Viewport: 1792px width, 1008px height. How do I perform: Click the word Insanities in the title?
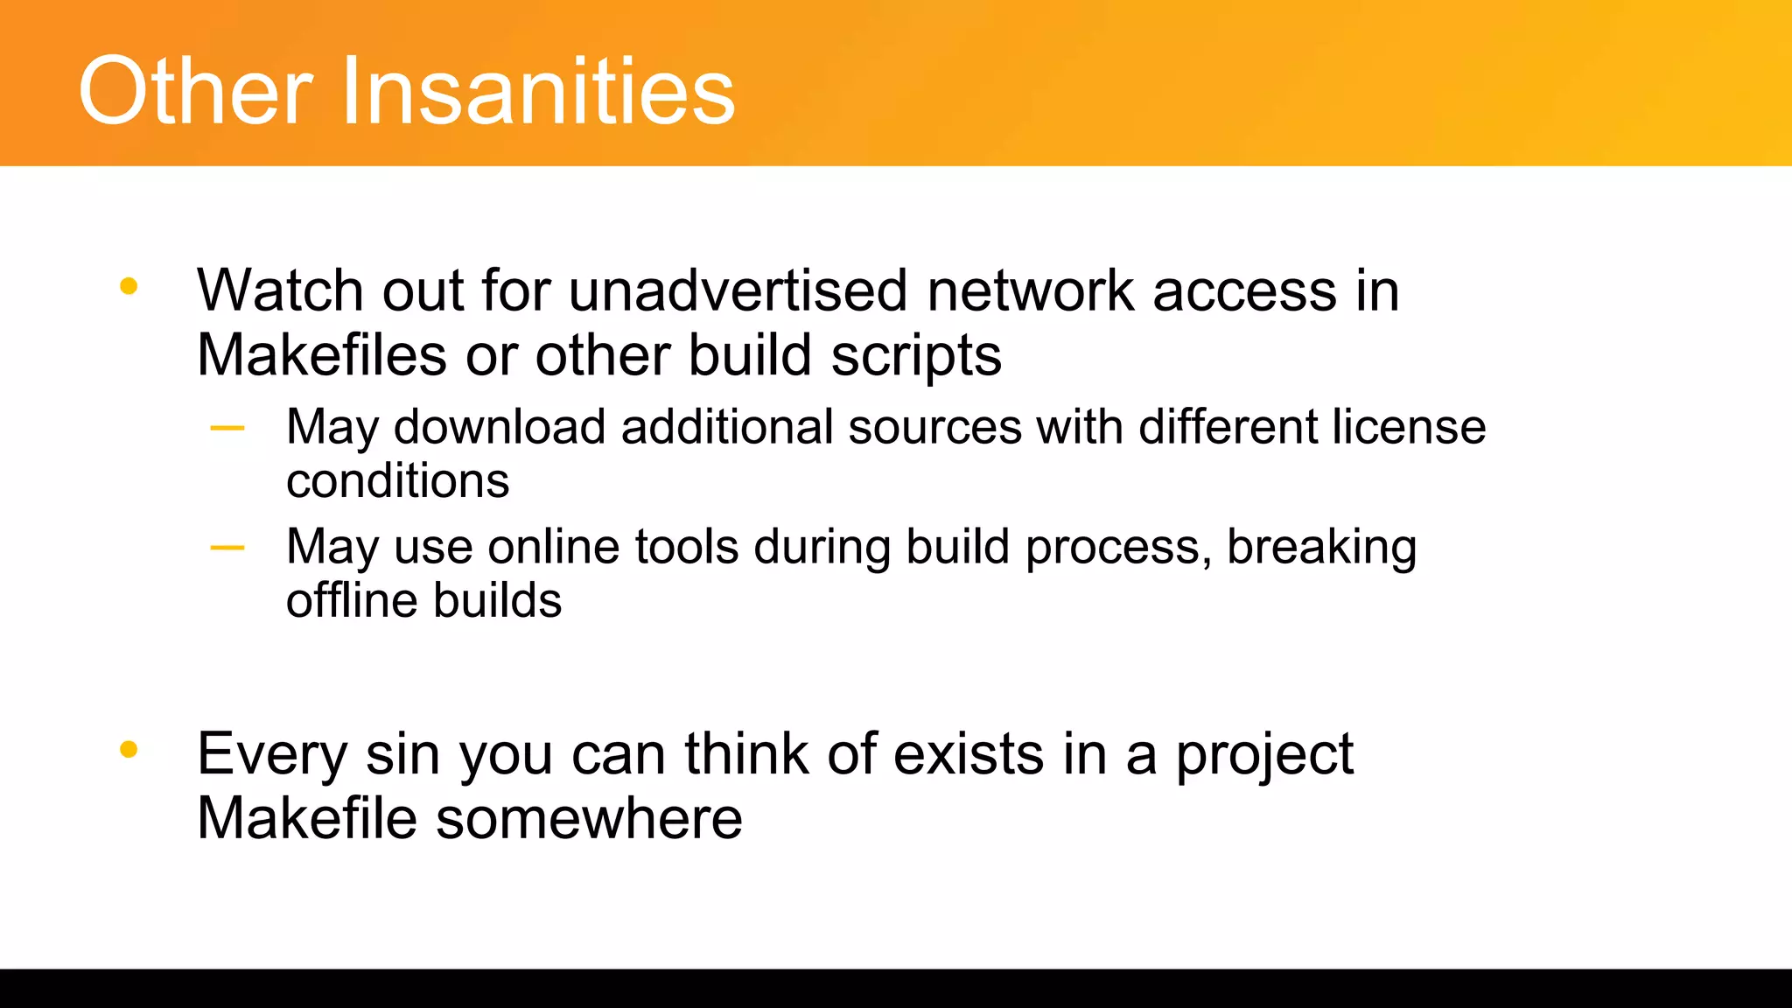tap(538, 91)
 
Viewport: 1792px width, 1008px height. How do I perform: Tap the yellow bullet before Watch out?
tap(129, 285)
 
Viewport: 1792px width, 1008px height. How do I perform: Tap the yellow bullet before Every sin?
tap(129, 749)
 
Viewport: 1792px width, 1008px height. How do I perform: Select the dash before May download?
tap(227, 429)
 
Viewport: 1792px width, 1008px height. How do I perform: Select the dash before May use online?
tap(227, 549)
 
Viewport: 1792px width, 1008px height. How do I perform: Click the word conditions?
tap(397, 481)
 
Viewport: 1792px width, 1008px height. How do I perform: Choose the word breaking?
tap(1321, 548)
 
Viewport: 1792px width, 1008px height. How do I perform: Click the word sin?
tap(402, 753)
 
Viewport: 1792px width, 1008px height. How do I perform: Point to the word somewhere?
tap(589, 819)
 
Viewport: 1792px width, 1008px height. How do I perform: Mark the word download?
tap(500, 427)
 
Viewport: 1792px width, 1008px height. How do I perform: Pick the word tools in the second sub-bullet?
tap(686, 547)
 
